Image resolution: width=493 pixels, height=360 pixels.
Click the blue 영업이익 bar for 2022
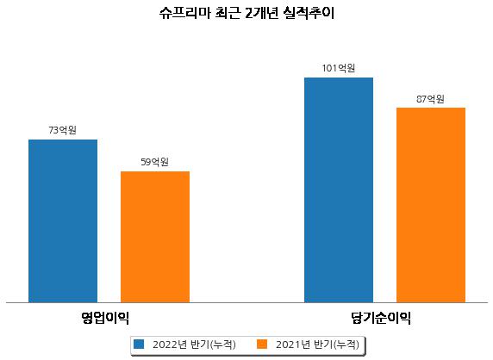coord(63,221)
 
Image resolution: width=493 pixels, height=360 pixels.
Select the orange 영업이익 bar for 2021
coord(155,237)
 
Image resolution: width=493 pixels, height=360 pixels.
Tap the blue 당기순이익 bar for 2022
coord(339,190)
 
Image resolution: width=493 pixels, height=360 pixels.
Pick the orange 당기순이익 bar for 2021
coord(431,205)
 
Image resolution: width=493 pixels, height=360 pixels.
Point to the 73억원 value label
coord(63,130)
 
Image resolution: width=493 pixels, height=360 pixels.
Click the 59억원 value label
coord(154,162)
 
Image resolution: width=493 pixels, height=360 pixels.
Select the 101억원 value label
coord(339,68)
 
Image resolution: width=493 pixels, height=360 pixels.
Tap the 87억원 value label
coord(430,99)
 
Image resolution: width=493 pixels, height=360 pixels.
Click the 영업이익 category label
coord(104,318)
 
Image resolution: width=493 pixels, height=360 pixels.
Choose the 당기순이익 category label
coord(381,318)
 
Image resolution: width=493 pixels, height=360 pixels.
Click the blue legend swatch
coord(139,344)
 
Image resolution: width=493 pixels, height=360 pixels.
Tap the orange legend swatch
coord(262,344)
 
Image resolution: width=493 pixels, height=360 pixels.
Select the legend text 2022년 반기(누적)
coord(194,344)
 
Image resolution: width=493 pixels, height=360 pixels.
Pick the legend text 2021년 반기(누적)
coord(317,344)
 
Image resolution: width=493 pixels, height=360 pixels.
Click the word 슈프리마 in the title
coord(184,13)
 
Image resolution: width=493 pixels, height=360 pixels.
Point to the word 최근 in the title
coord(228,13)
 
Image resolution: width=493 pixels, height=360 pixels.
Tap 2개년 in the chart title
coord(261,13)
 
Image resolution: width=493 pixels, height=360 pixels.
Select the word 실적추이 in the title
coord(309,13)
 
